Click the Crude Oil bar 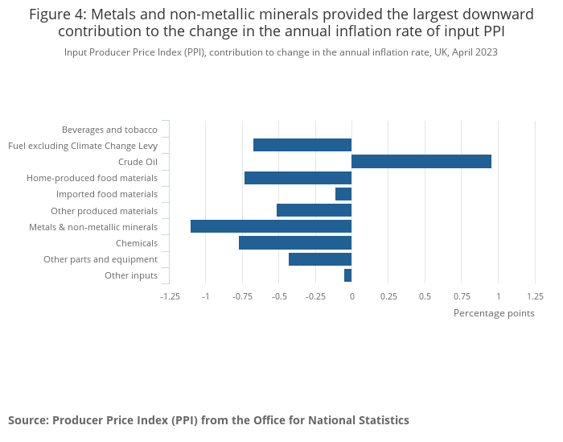coord(421,162)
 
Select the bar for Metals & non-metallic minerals coord(271,226)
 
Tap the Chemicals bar coord(295,243)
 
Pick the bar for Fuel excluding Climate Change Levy coord(302,145)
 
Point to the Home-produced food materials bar coord(298,178)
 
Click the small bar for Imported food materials coord(343,194)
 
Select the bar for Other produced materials coord(314,210)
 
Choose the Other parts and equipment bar coord(320,259)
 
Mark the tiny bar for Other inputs coord(348,275)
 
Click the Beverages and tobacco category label coord(109,130)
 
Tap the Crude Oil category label coord(138,162)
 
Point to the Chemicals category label coord(137,243)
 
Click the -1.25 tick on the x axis coord(170,296)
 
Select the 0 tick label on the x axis coord(351,296)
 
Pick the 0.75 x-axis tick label coord(462,296)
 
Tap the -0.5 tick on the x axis coord(279,296)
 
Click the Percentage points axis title coord(494,313)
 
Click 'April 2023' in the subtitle coord(474,52)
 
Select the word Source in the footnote coord(27,420)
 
